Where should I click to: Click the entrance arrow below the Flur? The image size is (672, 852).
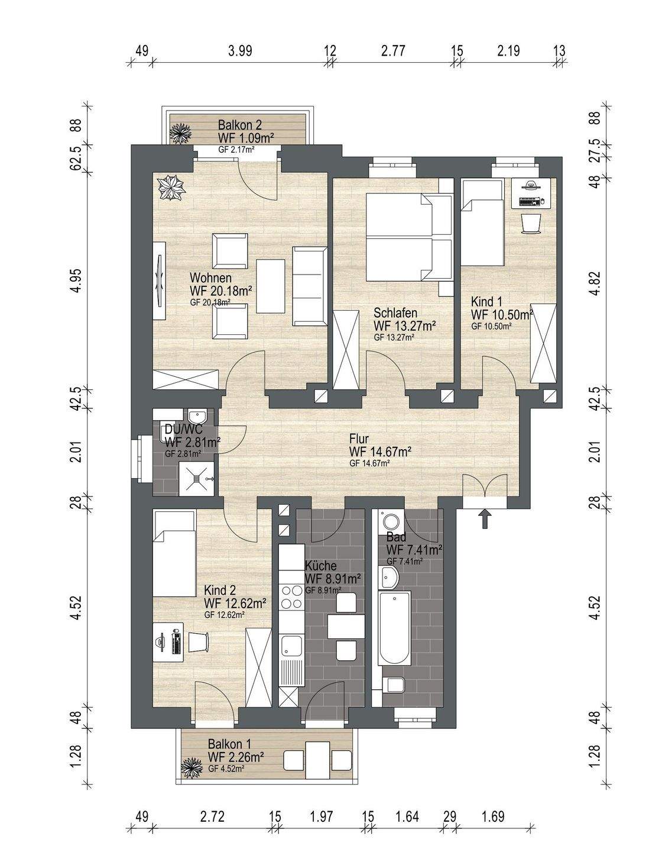486,519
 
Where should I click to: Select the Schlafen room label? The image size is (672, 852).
395,313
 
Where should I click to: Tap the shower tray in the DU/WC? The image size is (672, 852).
197,479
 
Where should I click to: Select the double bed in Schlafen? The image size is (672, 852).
410,237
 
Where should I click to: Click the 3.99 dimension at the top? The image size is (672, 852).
241,51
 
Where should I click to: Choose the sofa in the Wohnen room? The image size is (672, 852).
310,286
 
